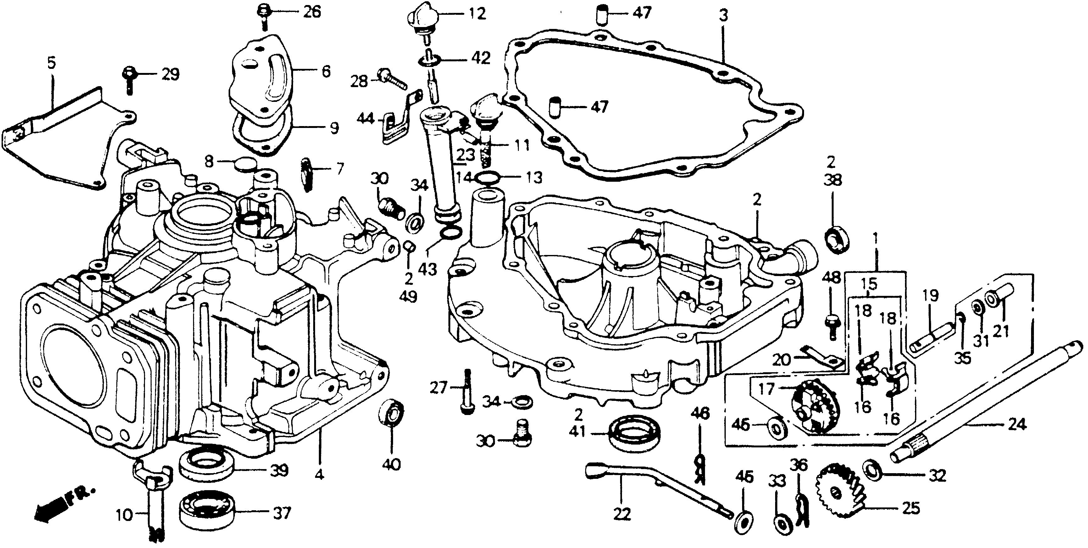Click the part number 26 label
click(311, 12)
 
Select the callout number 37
click(282, 513)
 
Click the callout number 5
click(51, 64)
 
